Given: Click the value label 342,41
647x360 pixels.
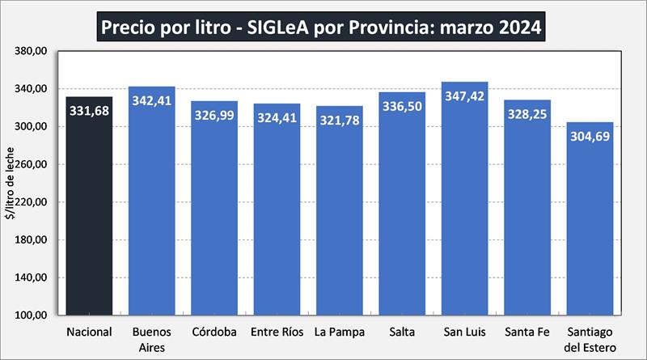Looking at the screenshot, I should (x=152, y=101).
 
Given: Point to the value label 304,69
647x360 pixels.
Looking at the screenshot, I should (x=590, y=137).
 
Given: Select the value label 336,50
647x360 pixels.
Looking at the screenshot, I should (x=402, y=107).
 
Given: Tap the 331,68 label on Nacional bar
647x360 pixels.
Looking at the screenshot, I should (x=89, y=111).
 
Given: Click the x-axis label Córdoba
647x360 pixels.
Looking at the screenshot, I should (x=214, y=332).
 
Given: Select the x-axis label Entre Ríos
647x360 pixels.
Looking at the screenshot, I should (x=277, y=332).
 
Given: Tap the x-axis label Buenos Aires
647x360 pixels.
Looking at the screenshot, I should (x=152, y=339).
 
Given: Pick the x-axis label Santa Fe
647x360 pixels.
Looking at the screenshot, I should (x=527, y=332).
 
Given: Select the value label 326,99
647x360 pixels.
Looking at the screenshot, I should (x=214, y=115).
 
